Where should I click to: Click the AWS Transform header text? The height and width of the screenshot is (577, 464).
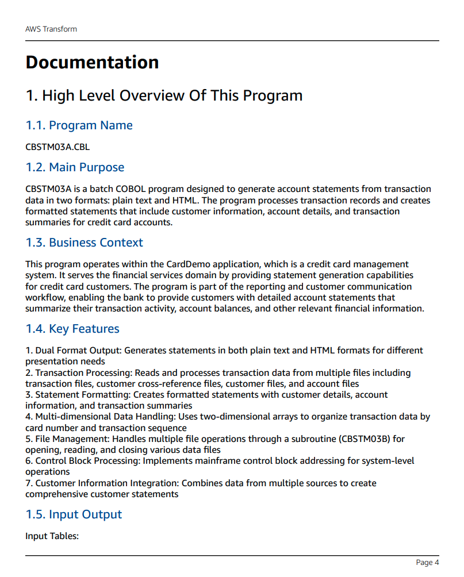[51, 29]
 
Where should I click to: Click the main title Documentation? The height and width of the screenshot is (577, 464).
[92, 62]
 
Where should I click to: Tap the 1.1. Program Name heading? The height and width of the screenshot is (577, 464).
[79, 125]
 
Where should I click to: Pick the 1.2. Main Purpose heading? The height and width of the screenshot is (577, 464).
[75, 167]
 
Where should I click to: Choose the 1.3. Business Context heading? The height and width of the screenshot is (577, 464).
[84, 243]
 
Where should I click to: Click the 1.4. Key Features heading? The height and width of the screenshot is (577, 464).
[72, 329]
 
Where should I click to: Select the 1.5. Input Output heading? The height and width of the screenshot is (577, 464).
[74, 514]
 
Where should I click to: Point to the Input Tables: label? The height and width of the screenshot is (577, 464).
[52, 536]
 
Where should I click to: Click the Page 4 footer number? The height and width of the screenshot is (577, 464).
[427, 562]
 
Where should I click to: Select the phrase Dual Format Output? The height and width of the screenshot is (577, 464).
[78, 350]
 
